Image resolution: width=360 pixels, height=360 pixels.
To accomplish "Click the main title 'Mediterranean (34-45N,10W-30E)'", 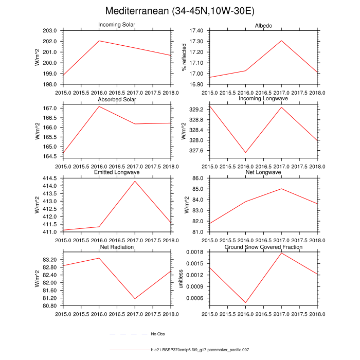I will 179,11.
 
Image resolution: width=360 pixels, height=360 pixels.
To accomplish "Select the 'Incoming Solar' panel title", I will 117,26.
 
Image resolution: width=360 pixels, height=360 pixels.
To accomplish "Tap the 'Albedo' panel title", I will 263,26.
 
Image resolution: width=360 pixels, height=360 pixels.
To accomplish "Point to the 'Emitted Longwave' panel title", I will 117,172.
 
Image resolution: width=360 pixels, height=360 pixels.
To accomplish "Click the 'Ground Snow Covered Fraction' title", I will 263,247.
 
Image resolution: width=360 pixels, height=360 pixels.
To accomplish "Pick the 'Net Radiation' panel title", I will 117,247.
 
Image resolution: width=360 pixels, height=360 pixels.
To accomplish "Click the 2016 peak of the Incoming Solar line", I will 99,41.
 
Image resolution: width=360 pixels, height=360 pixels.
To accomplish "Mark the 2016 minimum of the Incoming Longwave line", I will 246,153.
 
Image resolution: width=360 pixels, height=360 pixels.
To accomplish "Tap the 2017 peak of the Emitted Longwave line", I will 135,181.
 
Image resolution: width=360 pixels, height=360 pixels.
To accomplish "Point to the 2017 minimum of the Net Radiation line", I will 135,299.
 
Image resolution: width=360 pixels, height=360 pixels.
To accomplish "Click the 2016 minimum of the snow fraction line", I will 246,303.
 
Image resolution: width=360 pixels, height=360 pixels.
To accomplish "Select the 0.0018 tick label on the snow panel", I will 195,252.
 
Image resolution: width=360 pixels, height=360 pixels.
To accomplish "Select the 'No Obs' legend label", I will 157,334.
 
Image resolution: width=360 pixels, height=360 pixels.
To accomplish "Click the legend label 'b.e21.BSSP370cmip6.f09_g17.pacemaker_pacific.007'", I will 200,350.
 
